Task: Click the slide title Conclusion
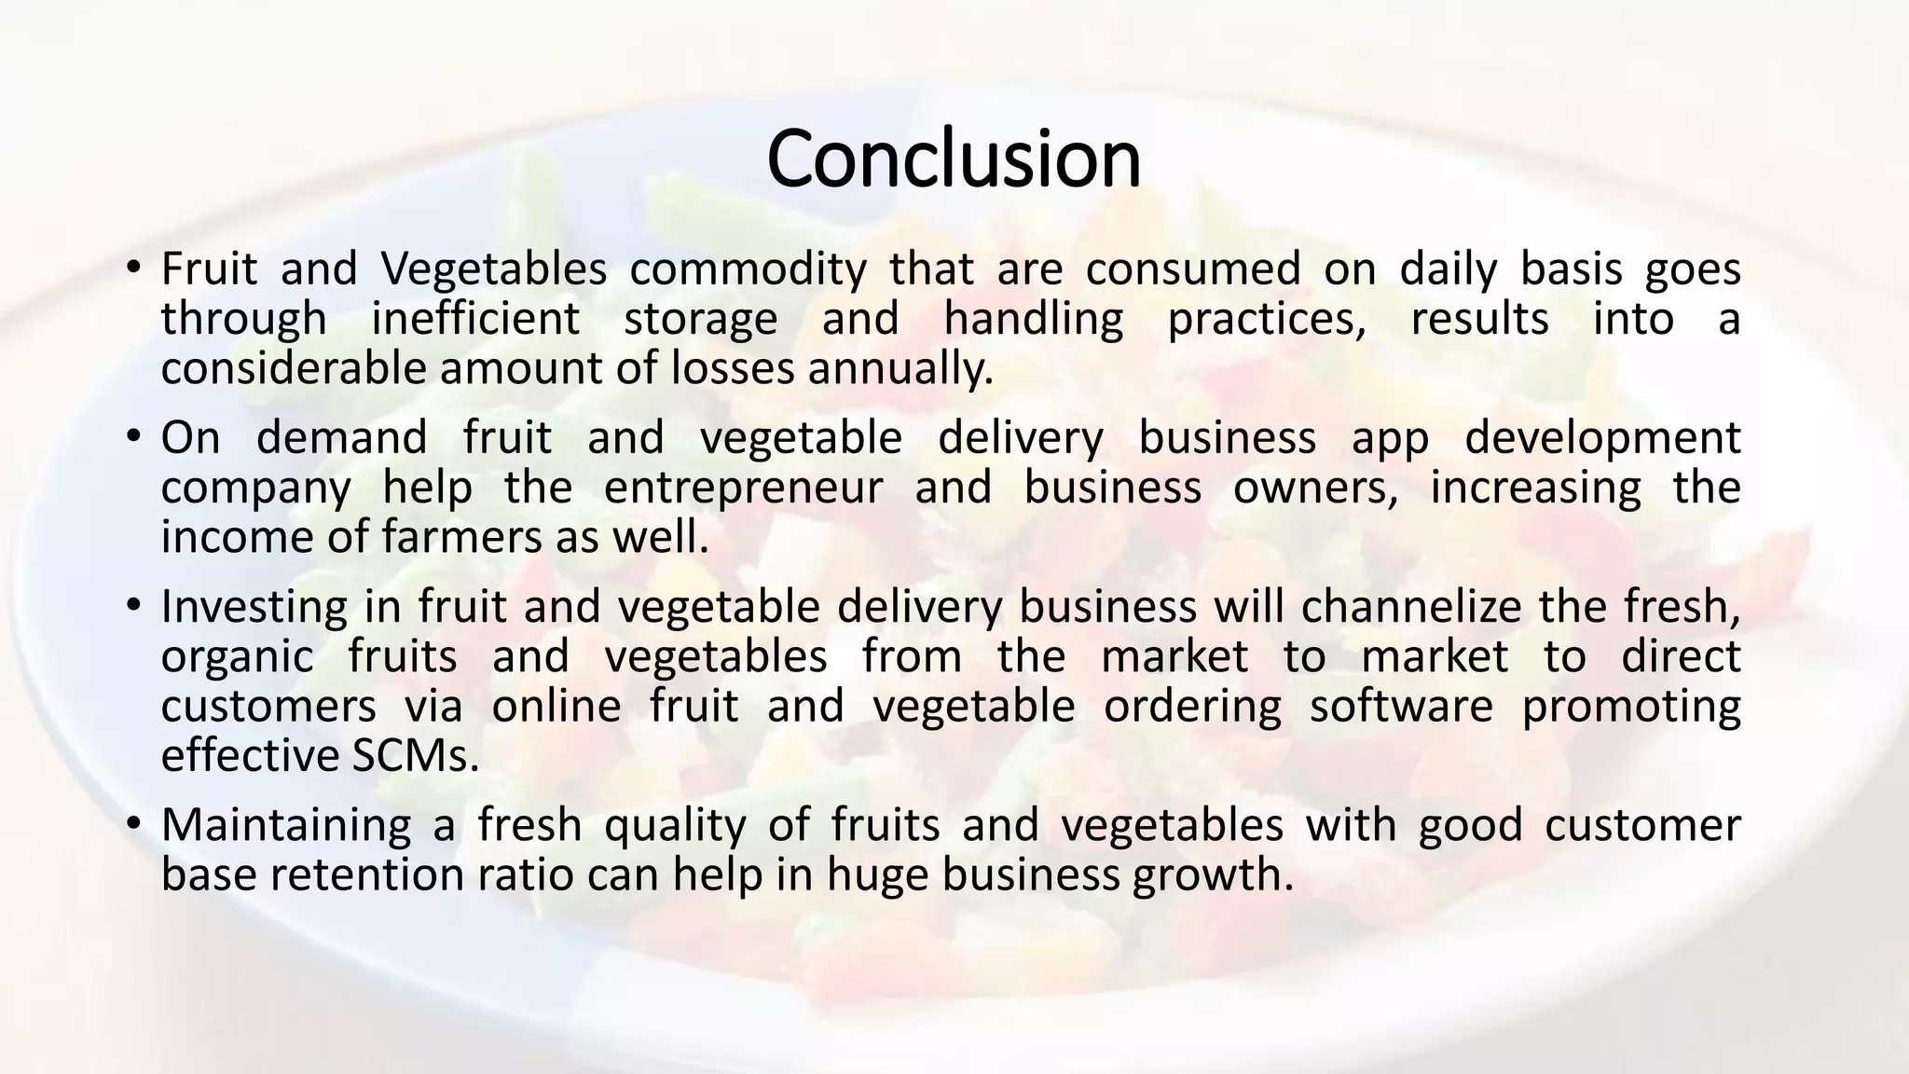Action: click(x=954, y=158)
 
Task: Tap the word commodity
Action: click(x=748, y=269)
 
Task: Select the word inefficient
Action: click(x=475, y=319)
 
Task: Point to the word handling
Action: click(x=1034, y=319)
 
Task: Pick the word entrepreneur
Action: click(x=743, y=488)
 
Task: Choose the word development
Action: click(x=1602, y=438)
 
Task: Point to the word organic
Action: click(x=238, y=656)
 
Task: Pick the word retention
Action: click(x=366, y=874)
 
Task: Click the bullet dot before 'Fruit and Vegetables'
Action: click(x=134, y=268)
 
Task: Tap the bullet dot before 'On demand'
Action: click(x=134, y=437)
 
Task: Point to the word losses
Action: click(x=733, y=369)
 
